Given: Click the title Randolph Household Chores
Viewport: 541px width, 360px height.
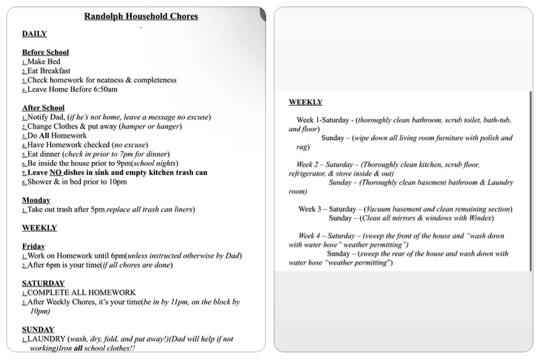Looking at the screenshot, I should (x=141, y=17).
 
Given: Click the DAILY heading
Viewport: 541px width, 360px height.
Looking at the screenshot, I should (x=34, y=34).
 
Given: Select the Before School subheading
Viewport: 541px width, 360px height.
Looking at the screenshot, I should (x=45, y=53).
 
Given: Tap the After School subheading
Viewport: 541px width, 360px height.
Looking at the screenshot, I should (x=43, y=108).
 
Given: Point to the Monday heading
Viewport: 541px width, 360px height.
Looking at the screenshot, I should (x=36, y=200).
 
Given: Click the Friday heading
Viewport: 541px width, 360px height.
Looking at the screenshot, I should (x=33, y=246).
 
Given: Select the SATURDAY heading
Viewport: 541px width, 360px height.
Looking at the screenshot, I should (x=43, y=283).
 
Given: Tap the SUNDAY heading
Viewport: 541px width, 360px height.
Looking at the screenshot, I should (x=38, y=330).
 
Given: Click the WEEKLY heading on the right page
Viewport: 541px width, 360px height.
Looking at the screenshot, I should (x=305, y=102).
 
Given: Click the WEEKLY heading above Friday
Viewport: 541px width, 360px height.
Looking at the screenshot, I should (x=39, y=228).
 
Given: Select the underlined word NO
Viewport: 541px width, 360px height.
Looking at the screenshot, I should (x=56, y=173).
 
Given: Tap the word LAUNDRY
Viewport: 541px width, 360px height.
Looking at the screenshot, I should (x=47, y=339).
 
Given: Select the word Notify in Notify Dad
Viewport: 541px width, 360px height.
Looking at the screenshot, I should (x=38, y=117).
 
